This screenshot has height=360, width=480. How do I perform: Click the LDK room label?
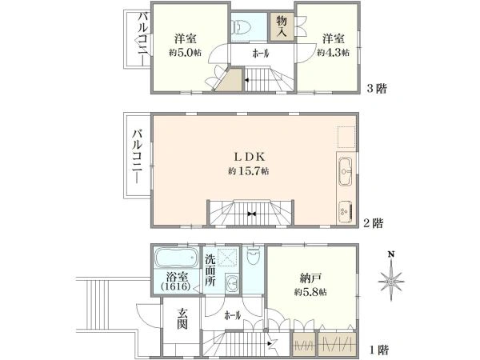pos(249,157)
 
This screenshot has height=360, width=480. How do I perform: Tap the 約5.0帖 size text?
pos(185,53)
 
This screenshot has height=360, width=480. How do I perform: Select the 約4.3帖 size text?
pos(333,53)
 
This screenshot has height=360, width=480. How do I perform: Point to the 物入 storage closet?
pos(282,27)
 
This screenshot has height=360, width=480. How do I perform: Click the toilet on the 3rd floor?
pos(242,27)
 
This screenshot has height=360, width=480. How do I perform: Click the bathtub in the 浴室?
pos(176,257)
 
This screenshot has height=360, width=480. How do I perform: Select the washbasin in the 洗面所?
pos(232,283)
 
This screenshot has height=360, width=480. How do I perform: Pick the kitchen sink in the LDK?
pos(346,172)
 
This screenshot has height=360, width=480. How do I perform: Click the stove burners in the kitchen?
pos(346,211)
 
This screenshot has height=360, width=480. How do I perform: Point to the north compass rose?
pos(391,278)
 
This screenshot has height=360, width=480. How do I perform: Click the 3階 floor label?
pos(377,89)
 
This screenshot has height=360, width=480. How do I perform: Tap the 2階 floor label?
pos(373,223)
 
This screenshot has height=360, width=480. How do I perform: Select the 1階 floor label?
pos(379,350)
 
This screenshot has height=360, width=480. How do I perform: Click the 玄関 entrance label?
pos(182,318)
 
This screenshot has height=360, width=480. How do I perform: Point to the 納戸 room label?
pos(310,278)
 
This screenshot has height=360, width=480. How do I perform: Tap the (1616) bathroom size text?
pos(176,287)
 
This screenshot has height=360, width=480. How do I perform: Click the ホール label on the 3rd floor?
pos(261,54)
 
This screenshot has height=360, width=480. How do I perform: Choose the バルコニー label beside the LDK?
pos(138,157)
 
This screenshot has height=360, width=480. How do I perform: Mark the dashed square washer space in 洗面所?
pos(227,258)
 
